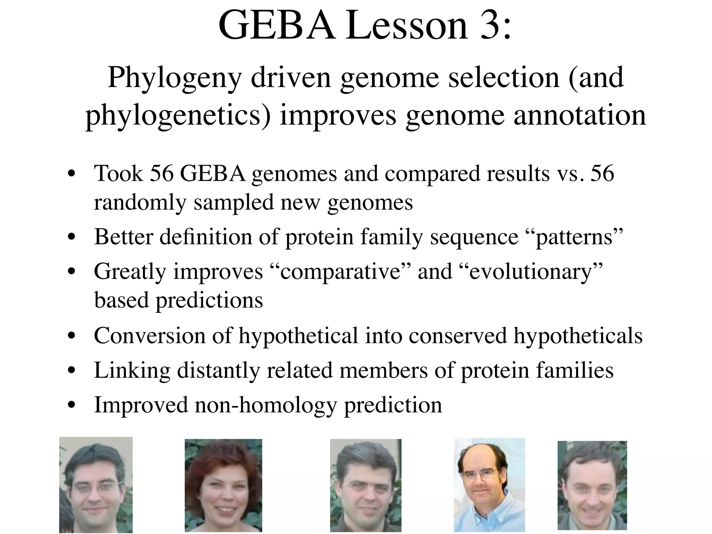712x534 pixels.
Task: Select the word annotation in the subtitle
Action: pyautogui.click(x=580, y=115)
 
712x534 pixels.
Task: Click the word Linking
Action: pyautogui.click(x=132, y=370)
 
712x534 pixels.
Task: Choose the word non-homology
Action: pyautogui.click(x=266, y=405)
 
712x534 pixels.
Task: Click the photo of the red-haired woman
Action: pyautogui.click(x=223, y=485)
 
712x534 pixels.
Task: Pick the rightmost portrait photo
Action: pyautogui.click(x=592, y=485)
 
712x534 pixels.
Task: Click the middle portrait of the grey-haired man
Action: pyautogui.click(x=366, y=485)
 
